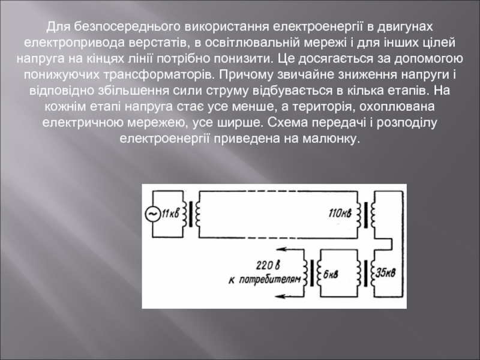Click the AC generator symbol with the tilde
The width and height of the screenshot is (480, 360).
pyautogui.click(x=152, y=213)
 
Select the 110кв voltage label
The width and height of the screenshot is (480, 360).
pyautogui.click(x=340, y=213)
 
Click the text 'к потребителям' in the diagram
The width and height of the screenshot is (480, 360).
pyautogui.click(x=263, y=280)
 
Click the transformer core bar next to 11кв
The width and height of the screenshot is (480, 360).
pyautogui.click(x=191, y=214)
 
